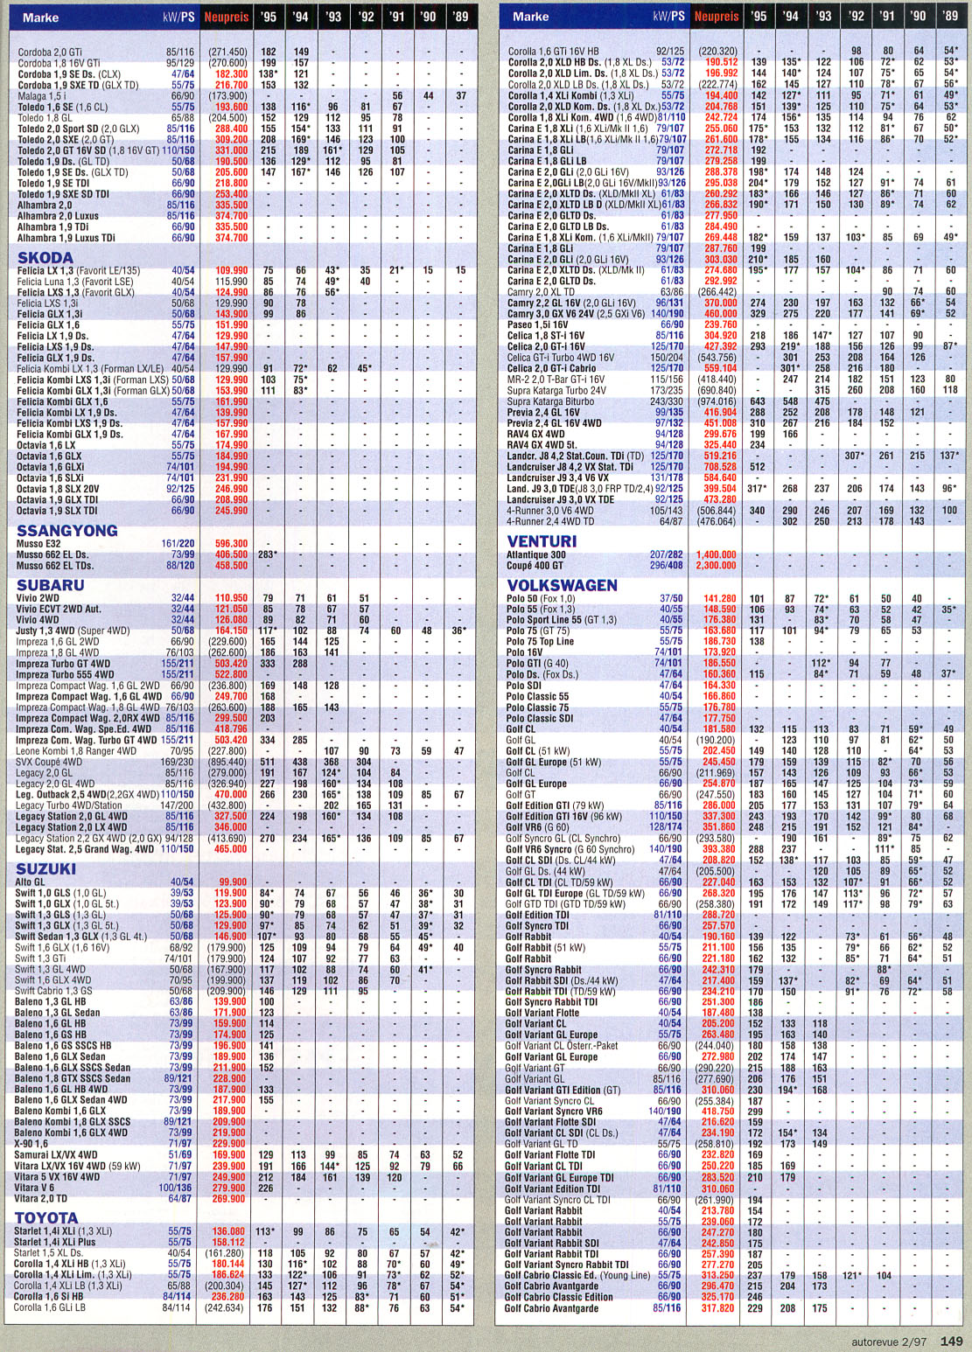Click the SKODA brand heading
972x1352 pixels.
45,258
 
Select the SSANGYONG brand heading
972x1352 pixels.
66,531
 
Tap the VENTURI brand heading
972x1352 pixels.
542,541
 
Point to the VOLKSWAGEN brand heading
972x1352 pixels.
562,585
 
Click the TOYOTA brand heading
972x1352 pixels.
47,1218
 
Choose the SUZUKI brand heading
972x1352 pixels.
46,868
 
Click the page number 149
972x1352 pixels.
952,1341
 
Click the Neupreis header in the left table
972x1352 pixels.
227,17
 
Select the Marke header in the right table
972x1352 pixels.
531,17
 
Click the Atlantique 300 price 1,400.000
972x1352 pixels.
717,555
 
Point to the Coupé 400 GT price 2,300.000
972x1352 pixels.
717,566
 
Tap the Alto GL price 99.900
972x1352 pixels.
233,882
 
